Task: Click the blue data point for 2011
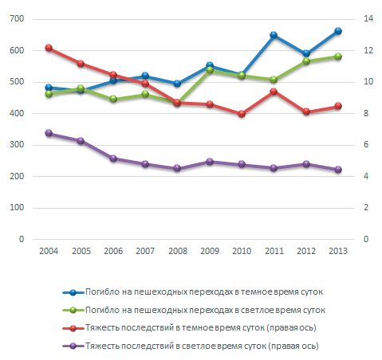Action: [x=274, y=35]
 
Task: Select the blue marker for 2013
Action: [x=338, y=31]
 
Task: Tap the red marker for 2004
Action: [x=49, y=48]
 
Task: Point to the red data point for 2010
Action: [x=242, y=114]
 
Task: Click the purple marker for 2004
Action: [x=49, y=133]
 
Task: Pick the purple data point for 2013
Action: [x=338, y=170]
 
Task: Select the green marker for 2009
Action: [x=210, y=70]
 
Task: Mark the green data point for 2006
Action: [x=113, y=99]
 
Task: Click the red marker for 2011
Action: [x=274, y=92]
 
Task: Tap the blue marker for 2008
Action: [x=177, y=84]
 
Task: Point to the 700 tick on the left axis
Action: [x=17, y=18]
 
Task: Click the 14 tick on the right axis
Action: [x=368, y=18]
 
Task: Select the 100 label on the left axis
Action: [x=17, y=207]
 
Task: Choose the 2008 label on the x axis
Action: [x=178, y=251]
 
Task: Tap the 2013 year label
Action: [x=338, y=251]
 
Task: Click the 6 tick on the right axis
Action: [x=366, y=144]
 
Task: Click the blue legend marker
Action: [x=73, y=292]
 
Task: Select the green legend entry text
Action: [x=205, y=310]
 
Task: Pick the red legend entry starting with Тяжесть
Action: [x=200, y=328]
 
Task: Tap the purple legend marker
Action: [x=73, y=346]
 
